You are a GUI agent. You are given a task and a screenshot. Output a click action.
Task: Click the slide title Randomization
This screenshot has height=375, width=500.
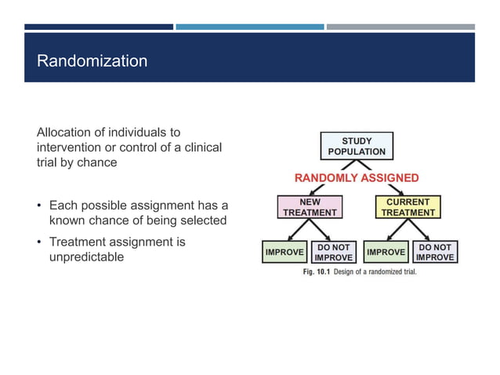point(92,60)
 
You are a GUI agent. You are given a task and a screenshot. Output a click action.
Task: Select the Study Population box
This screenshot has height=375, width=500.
point(357,146)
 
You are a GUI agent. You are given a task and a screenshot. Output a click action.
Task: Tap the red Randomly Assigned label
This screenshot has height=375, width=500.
point(357,178)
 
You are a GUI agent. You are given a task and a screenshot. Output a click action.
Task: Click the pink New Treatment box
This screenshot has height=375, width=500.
point(310,207)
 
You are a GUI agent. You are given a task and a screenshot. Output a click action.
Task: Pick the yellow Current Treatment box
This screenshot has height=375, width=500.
point(408,207)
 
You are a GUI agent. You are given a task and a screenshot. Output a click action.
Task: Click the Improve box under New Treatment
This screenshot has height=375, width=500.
point(284,252)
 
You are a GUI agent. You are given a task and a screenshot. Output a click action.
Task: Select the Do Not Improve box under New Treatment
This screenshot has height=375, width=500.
point(334,252)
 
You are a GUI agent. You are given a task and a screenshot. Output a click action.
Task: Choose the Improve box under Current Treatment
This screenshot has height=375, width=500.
point(386,252)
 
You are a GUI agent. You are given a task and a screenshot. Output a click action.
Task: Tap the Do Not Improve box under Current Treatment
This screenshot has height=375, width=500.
point(435,252)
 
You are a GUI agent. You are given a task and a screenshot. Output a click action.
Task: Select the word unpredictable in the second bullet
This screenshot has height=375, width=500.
point(86,257)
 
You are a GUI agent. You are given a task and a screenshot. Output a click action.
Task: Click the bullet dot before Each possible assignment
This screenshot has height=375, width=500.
point(40,206)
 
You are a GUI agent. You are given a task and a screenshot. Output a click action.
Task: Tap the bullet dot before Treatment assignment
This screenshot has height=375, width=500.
point(40,242)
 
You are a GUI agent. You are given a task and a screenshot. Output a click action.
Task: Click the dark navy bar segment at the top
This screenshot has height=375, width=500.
point(98,27)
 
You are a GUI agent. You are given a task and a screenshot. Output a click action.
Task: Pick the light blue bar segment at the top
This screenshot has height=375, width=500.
point(249,27)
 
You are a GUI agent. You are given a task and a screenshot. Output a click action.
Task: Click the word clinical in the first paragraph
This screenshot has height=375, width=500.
point(202,147)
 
